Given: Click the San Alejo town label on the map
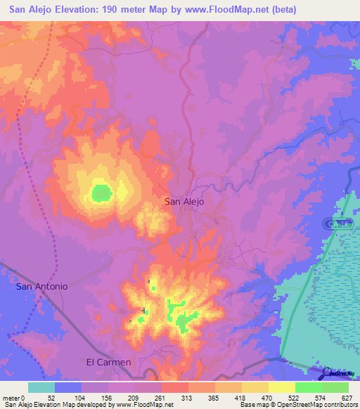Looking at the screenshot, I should pos(184,201).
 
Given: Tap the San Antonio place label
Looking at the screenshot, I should pos(42,286).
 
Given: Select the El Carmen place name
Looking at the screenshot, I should pos(108,362).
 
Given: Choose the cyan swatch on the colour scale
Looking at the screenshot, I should pos(41,387).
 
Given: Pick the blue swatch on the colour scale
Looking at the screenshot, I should pos(67,387).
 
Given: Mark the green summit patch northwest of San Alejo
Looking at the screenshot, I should pos(101,192).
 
